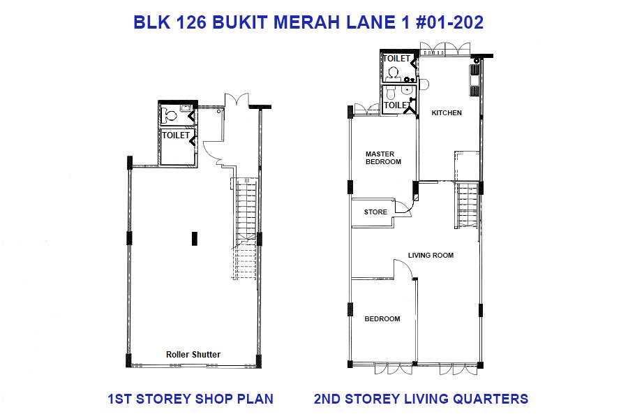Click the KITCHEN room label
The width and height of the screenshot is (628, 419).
pos(447,113)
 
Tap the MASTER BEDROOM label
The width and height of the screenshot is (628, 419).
pos(383,158)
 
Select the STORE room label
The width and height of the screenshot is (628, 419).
pos(375,212)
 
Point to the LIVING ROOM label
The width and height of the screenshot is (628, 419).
pos(431,256)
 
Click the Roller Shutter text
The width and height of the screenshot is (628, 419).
pos(193,355)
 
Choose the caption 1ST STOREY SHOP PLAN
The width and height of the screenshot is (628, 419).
pos(190,399)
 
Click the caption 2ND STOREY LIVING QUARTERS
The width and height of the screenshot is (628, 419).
pos(421,399)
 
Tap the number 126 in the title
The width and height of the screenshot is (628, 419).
pos(191,22)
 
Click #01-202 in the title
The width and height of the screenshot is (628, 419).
pos(450,22)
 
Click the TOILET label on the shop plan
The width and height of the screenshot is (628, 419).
pos(176,135)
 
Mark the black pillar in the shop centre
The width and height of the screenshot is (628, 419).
pos(194,238)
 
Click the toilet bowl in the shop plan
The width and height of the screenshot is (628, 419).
pos(170,117)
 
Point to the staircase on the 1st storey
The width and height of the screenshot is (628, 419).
pos(245,228)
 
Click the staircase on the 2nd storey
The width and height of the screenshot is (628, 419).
pos(467,205)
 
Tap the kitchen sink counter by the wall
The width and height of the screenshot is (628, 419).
pos(474,80)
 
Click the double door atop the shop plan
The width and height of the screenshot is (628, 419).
pos(237,100)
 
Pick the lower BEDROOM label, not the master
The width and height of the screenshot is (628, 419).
pos(382,319)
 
